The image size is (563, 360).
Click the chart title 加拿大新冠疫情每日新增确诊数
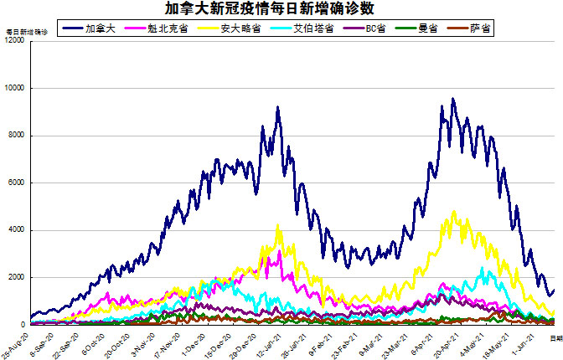click(281, 9)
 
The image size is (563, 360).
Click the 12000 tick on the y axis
click(14, 41)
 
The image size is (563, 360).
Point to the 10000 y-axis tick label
click(14, 88)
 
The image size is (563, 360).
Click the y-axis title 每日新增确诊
click(27, 31)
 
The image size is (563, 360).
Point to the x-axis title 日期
click(555, 336)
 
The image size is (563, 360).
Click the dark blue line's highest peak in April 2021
click(453, 99)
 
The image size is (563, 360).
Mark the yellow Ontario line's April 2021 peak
click(454, 212)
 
